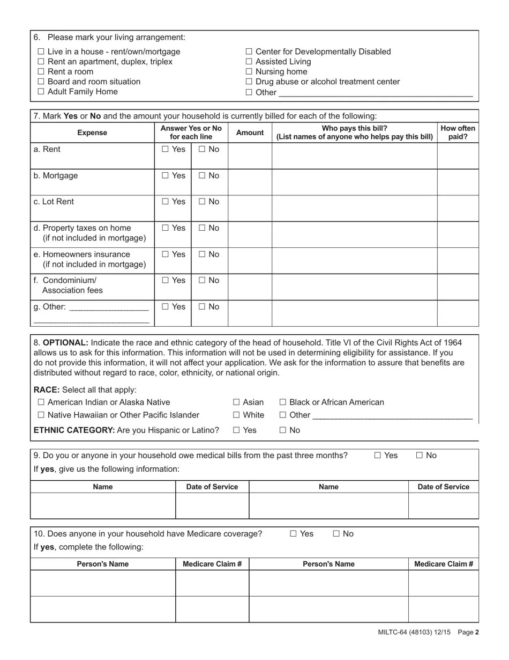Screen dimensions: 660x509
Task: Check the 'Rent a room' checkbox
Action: tap(41, 72)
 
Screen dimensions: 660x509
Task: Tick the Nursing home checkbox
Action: tap(249, 72)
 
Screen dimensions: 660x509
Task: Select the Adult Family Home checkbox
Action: tap(41, 92)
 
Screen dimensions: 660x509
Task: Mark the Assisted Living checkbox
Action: tap(249, 62)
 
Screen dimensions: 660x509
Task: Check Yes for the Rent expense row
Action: tap(165, 149)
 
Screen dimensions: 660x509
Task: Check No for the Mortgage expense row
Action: tap(202, 175)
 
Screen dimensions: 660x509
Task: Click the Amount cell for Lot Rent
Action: tap(250, 208)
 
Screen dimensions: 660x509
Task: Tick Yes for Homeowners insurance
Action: tap(165, 254)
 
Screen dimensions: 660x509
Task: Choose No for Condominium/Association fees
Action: tap(202, 280)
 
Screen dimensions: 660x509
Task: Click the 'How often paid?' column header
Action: tap(458, 133)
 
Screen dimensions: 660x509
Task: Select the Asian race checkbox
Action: tap(236, 402)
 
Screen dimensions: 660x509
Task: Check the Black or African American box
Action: tap(283, 402)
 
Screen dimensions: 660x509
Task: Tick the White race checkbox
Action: tap(236, 415)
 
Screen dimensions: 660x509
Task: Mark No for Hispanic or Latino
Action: tap(283, 430)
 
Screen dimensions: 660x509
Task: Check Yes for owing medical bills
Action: tap(378, 456)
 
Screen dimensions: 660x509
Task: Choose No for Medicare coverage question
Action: tap(336, 534)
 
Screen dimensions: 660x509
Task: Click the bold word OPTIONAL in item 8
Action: tap(65, 343)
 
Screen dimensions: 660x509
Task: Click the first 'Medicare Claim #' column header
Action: tap(212, 564)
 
